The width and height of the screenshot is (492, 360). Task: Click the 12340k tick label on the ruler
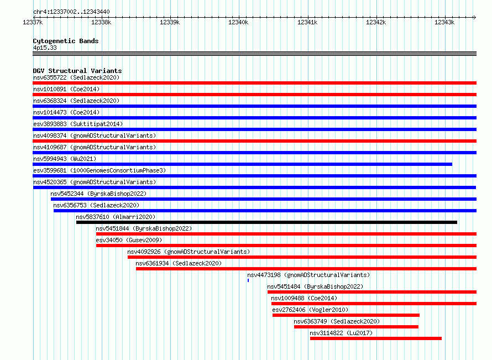[x=238, y=22]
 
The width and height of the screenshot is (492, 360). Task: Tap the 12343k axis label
[x=444, y=22]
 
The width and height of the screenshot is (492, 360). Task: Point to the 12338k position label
[x=101, y=22]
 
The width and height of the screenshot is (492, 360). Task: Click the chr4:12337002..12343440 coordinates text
[x=71, y=12]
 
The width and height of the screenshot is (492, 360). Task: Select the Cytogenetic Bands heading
[x=66, y=41]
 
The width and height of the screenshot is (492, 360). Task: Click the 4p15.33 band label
[x=45, y=48]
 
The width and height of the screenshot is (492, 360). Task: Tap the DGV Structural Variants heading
[x=77, y=71]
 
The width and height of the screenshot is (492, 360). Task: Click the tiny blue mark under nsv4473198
[x=248, y=280]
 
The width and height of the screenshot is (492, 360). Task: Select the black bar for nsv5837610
[x=266, y=222]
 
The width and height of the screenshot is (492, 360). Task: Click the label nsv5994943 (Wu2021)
[x=65, y=159]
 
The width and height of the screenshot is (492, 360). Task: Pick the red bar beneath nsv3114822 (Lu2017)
[x=376, y=338]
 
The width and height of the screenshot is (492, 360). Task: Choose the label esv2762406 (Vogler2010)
[x=310, y=310]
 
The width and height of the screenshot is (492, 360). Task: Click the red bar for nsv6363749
[x=356, y=327]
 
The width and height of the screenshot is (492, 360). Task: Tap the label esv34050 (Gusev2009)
[x=129, y=240]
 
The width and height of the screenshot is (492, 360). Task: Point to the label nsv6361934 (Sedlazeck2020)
[x=179, y=263]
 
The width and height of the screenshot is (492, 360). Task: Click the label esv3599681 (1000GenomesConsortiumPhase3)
[x=100, y=170]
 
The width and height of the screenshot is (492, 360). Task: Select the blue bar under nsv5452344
[x=264, y=199]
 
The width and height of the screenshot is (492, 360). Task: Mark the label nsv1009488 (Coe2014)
[x=304, y=298]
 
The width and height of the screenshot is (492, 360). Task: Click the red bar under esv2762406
[x=346, y=315]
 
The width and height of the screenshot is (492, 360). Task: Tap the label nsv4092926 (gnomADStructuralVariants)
[x=189, y=252]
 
